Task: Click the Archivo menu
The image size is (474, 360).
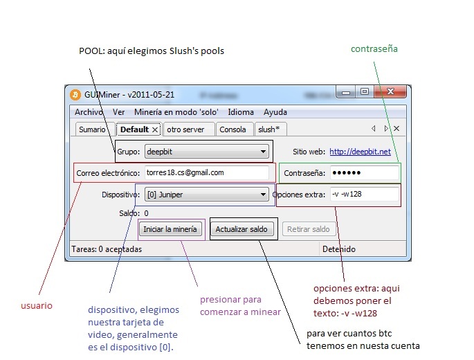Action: click(x=89, y=112)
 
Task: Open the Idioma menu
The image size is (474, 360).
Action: click(x=241, y=112)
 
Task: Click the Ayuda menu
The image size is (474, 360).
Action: click(x=275, y=112)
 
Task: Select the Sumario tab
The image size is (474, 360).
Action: click(x=92, y=129)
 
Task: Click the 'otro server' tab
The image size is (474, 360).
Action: click(x=185, y=129)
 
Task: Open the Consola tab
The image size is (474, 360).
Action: click(x=233, y=129)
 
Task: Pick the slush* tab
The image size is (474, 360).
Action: click(x=268, y=129)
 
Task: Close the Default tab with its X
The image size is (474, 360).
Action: click(x=155, y=129)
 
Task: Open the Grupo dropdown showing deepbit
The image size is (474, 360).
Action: click(x=206, y=152)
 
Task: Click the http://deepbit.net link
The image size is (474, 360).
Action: click(x=360, y=152)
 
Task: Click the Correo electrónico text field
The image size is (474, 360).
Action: click(x=206, y=172)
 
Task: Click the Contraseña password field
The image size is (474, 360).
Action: click(x=364, y=172)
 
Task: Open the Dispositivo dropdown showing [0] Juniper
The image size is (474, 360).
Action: click(x=206, y=195)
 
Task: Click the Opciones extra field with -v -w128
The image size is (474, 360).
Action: click(x=364, y=195)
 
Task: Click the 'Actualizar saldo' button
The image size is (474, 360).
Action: click(x=241, y=229)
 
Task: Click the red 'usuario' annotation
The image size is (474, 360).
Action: click(x=37, y=305)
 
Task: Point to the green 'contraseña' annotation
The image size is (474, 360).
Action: click(x=374, y=49)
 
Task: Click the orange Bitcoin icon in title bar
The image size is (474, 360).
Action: click(x=75, y=94)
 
